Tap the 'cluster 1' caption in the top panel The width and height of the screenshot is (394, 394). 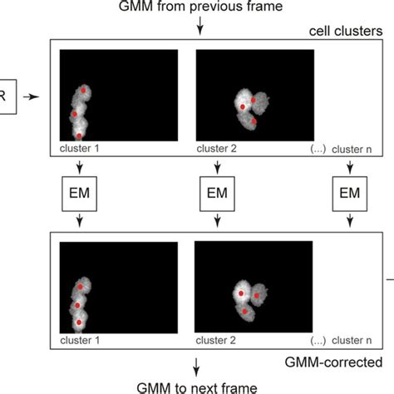(80, 149)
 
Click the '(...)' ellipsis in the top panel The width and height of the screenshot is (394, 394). (317, 149)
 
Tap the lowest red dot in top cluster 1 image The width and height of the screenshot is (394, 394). (79, 134)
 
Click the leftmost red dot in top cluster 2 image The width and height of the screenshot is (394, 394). (242, 107)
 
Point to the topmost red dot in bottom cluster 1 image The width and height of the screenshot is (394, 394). (81, 286)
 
